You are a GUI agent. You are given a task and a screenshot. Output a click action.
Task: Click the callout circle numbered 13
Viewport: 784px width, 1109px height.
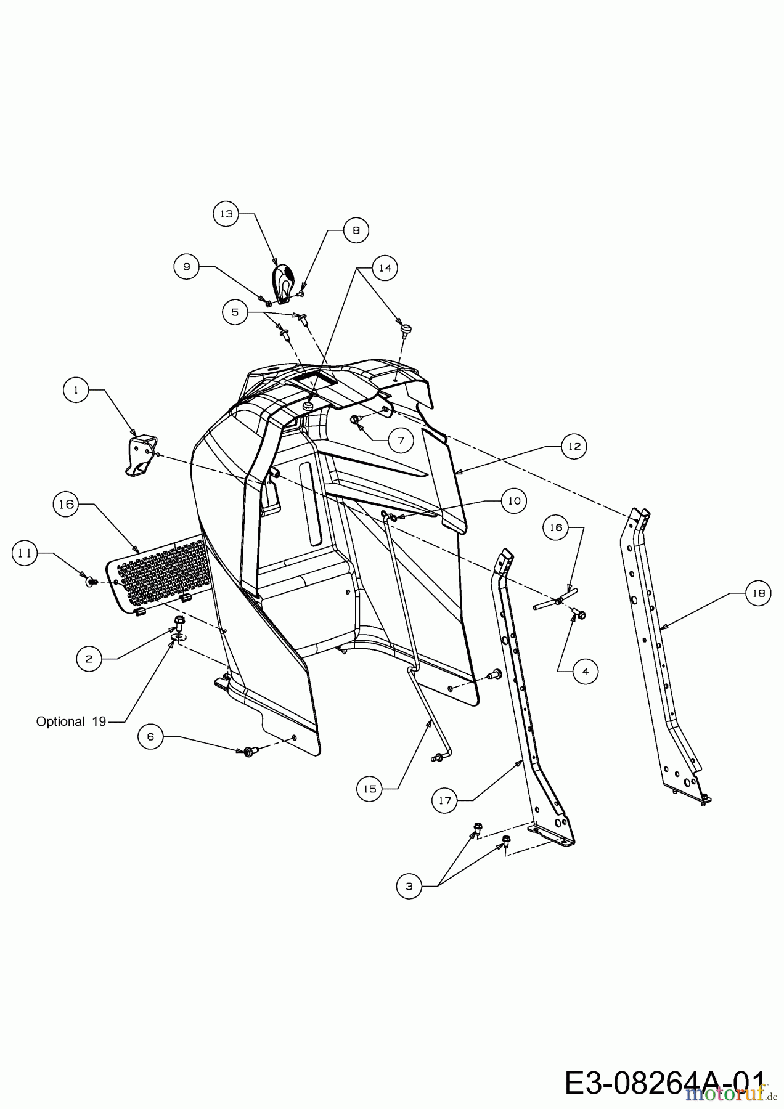coord(227,214)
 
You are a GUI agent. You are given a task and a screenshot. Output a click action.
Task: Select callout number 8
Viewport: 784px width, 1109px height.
coord(356,230)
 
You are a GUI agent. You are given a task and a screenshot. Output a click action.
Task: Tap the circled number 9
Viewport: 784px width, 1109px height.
coord(186,267)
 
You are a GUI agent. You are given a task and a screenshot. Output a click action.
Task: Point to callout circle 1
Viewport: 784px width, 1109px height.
coord(76,390)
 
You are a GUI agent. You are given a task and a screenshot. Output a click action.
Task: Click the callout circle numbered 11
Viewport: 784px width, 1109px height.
coord(25,553)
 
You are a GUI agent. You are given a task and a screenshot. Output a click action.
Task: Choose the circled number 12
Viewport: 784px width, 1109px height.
coord(574,446)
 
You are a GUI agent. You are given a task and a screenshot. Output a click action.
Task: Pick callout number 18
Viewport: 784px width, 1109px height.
coord(758,593)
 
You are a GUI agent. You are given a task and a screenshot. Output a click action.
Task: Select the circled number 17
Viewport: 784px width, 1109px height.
coord(445,800)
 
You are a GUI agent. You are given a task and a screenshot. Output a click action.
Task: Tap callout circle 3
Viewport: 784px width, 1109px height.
coord(409,886)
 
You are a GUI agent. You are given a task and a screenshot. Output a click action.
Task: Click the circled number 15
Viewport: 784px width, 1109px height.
coord(370,789)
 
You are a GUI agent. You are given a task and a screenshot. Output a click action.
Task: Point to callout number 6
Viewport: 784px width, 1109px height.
coord(150,736)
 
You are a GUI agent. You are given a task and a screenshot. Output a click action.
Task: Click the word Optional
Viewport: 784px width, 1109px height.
coord(60,721)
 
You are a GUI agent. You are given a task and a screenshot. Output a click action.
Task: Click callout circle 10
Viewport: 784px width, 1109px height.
coord(514,501)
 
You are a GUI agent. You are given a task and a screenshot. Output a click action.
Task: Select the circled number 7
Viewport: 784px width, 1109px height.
coord(401,440)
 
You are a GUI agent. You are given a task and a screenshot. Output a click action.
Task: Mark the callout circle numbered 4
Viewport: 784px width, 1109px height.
coord(586,671)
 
